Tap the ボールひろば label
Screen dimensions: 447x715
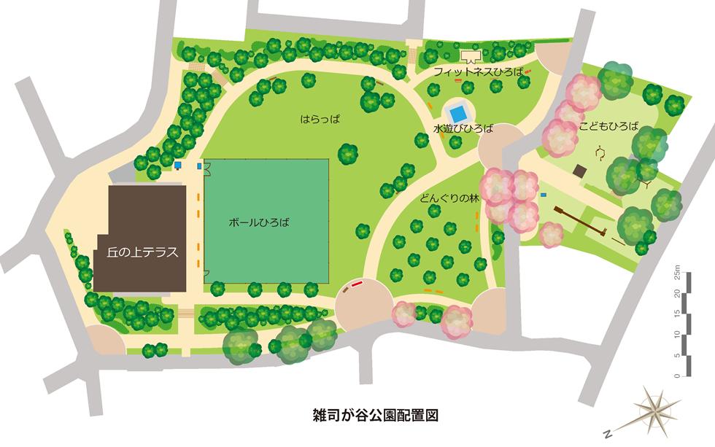pyautogui.click(x=259, y=222)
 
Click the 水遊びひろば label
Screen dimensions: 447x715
pyautogui.click(x=463, y=129)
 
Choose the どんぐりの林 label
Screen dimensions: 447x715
pyautogui.click(x=449, y=197)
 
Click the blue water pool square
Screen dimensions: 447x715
pyautogui.click(x=458, y=114)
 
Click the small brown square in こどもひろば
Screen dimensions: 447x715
pyautogui.click(x=579, y=171)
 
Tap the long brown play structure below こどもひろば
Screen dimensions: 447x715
pyautogui.click(x=579, y=221)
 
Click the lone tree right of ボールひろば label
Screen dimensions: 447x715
pyautogui.click(x=363, y=231)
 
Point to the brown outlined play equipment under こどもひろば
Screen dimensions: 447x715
pyautogui.click(x=601, y=152)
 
